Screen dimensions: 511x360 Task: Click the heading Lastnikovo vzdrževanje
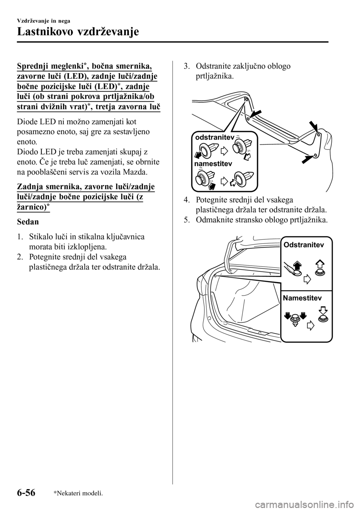78,32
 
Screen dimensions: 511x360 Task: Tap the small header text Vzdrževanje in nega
40,21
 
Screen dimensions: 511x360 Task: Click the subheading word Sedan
28,222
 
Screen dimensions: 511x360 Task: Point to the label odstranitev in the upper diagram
214,138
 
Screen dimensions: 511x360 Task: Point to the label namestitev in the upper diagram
213,164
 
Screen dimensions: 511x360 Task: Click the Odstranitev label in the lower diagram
304,245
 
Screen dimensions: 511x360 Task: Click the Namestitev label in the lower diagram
302,298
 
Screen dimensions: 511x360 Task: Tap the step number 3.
186,67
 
